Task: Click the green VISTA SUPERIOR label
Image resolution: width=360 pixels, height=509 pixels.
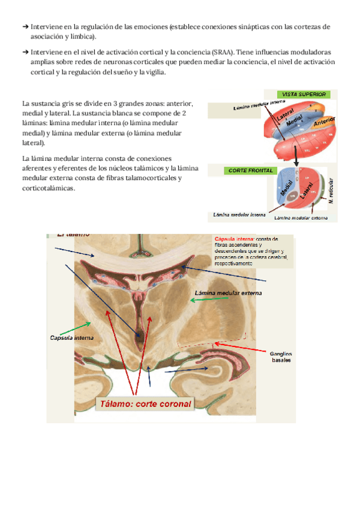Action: pos(304,94)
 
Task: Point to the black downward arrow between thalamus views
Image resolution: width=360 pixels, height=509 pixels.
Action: pos(295,157)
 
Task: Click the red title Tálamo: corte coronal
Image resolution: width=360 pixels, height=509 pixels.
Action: pos(146,403)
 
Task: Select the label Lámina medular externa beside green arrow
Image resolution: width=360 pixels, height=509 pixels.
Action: pos(223,293)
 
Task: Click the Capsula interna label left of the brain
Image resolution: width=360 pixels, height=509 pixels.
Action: pos(71,338)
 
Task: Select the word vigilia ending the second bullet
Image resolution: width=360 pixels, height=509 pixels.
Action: pos(152,73)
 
